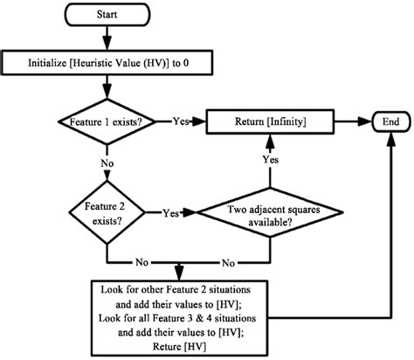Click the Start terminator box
pyautogui.click(x=107, y=15)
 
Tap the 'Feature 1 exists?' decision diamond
pyautogui.click(x=107, y=121)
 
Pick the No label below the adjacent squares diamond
pyautogui.click(x=229, y=260)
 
